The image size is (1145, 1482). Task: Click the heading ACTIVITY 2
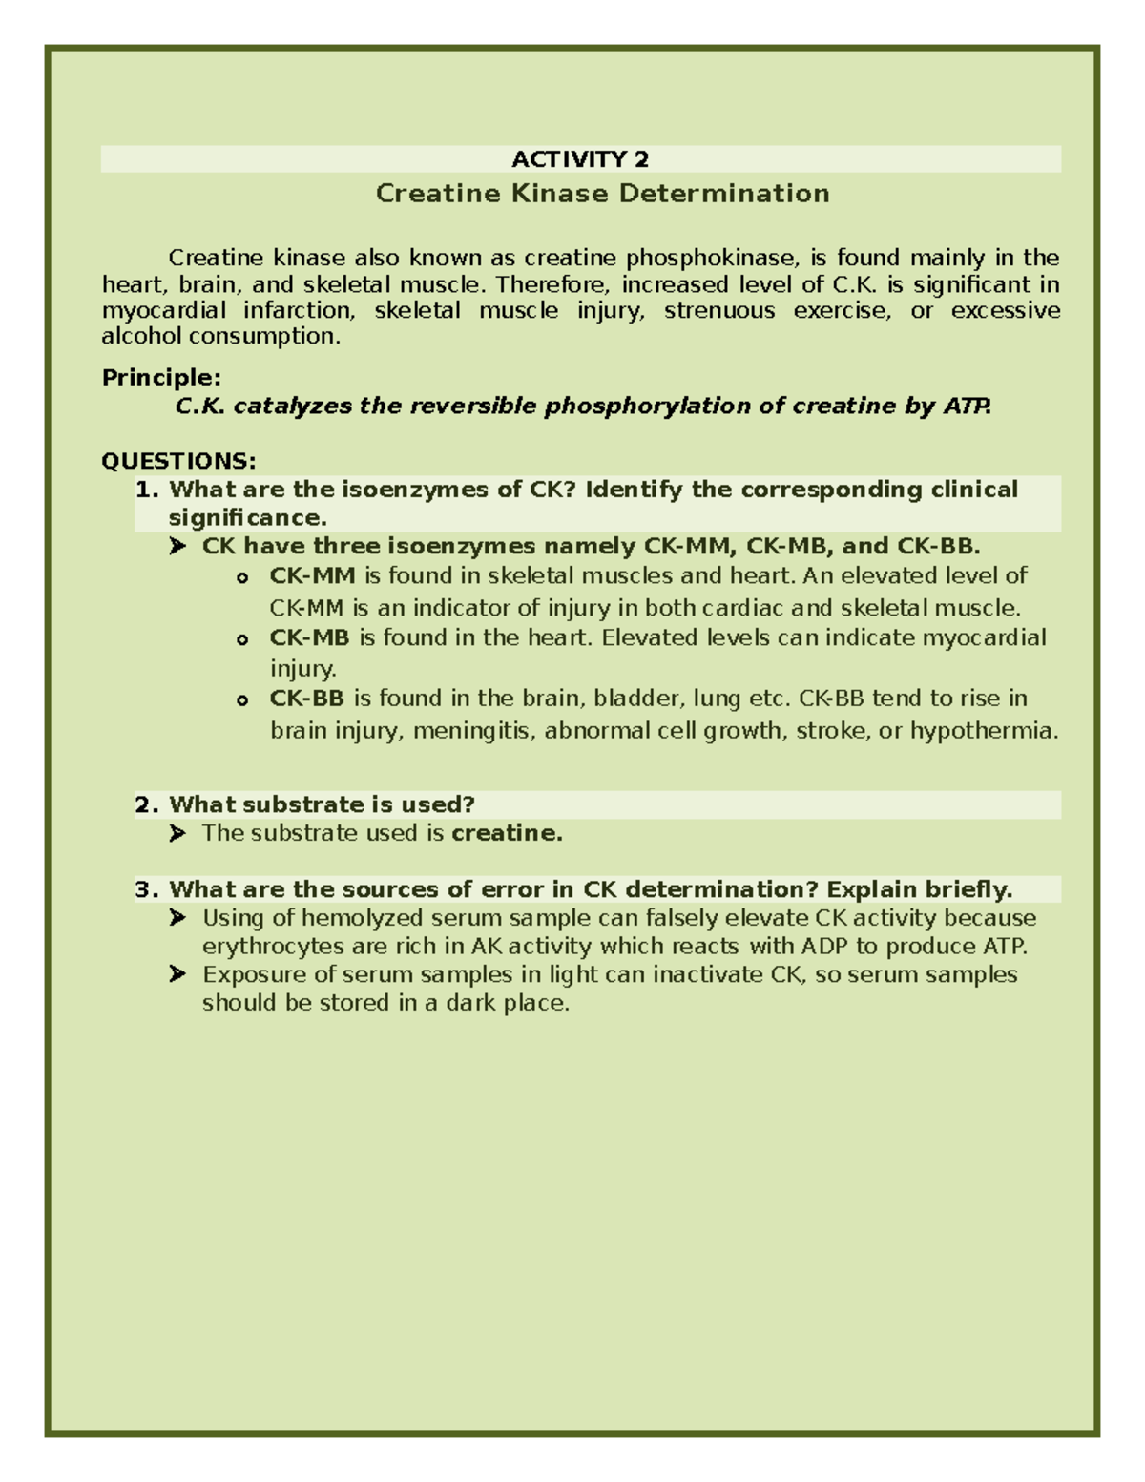click(580, 158)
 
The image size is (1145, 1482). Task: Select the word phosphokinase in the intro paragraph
click(710, 258)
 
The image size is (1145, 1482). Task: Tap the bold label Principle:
click(161, 378)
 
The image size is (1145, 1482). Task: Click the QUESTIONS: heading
click(178, 462)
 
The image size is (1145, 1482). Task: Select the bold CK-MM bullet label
click(312, 575)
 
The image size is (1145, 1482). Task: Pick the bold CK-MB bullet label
click(309, 637)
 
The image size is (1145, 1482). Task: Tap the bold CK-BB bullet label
click(306, 699)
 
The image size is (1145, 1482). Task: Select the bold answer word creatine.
click(506, 833)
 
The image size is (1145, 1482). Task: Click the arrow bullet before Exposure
click(177, 974)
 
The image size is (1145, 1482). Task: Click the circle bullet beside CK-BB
click(242, 700)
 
